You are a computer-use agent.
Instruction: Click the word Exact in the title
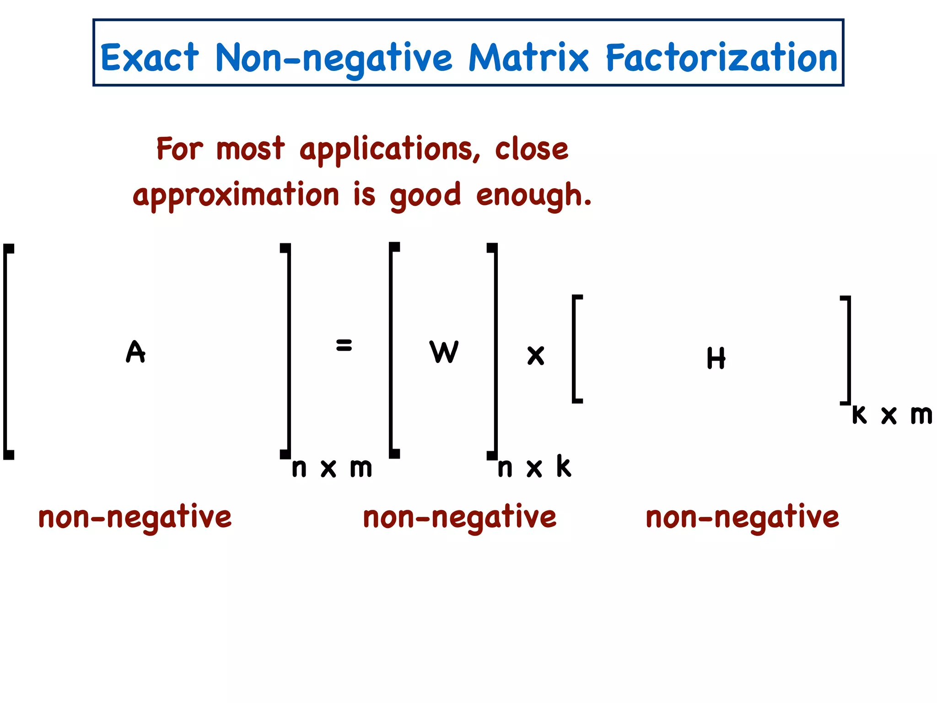point(150,58)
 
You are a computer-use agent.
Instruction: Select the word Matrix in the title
point(528,58)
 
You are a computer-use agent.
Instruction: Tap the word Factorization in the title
point(722,58)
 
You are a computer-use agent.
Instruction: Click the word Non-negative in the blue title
point(334,59)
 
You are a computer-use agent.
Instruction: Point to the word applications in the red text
point(390,149)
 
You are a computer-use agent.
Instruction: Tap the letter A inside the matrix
point(135,351)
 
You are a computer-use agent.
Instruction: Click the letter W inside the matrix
point(444,351)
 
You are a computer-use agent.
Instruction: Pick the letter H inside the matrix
point(716,358)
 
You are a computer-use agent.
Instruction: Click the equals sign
point(344,345)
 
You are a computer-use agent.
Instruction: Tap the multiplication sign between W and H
point(536,356)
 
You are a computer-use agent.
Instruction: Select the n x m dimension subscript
point(332,468)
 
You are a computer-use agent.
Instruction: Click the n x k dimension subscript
point(534,467)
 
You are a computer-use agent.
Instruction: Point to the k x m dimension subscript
point(892,415)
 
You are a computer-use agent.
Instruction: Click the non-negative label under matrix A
point(135,517)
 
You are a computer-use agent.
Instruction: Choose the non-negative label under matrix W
point(459,517)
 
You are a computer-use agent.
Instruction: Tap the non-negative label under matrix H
point(742,517)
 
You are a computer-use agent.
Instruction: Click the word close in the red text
point(532,149)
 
